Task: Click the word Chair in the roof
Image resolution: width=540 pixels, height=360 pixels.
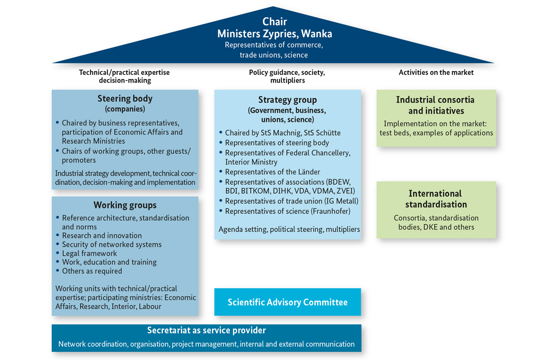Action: click(x=275, y=21)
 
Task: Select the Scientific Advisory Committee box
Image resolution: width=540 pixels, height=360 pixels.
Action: click(x=288, y=302)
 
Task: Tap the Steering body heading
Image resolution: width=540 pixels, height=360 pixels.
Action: click(x=125, y=98)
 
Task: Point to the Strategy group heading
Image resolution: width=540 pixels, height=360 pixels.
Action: click(x=288, y=100)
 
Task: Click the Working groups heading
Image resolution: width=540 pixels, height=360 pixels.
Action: click(x=125, y=205)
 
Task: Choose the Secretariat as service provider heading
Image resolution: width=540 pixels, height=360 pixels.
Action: click(x=206, y=330)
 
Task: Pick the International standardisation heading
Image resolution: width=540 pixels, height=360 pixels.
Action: click(x=436, y=199)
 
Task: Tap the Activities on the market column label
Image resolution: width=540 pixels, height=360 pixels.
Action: click(x=436, y=72)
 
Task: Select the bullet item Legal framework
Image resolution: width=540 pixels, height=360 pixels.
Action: click(x=89, y=253)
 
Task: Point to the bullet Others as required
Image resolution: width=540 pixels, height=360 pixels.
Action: click(x=92, y=271)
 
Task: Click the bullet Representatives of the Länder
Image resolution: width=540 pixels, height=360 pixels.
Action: click(x=272, y=172)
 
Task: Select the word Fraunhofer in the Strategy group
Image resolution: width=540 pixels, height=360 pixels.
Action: click(x=331, y=211)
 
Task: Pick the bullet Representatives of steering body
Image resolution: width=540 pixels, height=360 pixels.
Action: click(x=277, y=143)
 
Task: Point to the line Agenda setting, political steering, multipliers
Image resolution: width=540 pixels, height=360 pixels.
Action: click(x=289, y=229)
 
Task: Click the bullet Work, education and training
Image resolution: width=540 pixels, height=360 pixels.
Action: click(x=109, y=262)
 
